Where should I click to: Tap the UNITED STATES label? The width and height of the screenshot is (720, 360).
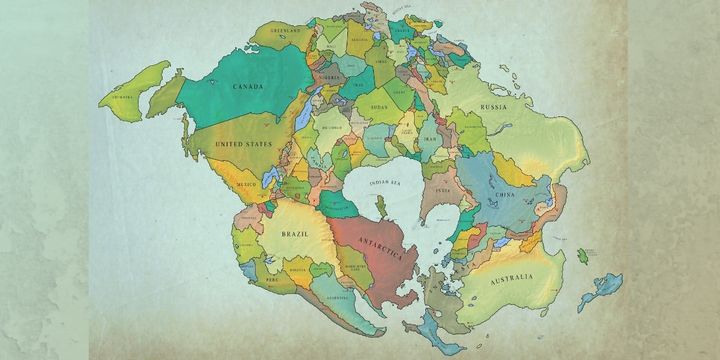244,145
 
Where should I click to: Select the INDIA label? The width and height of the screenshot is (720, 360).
444,187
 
